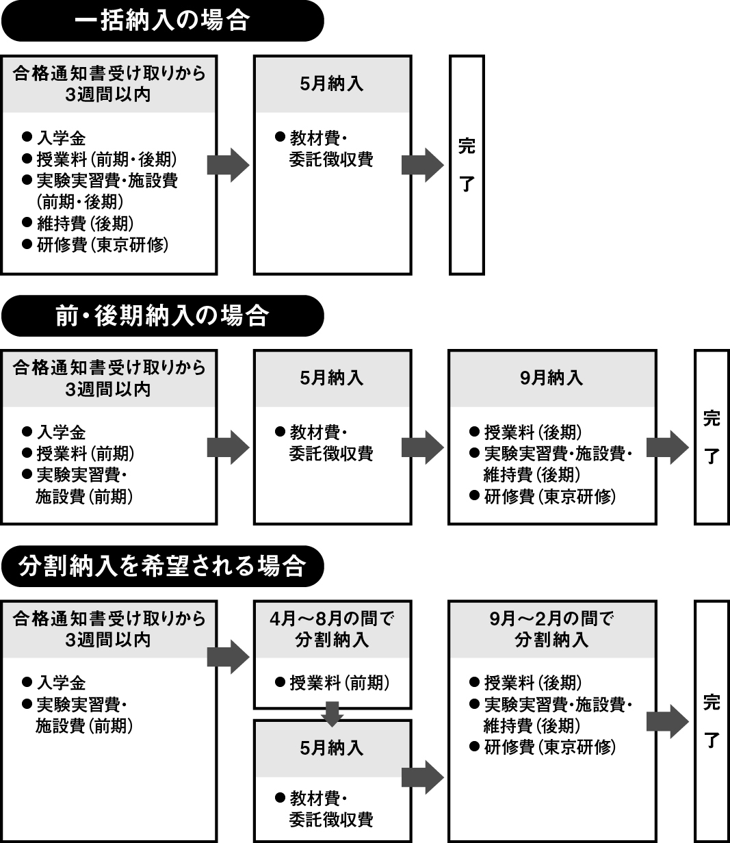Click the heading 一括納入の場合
162,21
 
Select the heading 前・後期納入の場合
162,315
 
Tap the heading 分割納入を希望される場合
162,566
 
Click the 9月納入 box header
552,378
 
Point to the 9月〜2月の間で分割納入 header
552,630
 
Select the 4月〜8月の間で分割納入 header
333,630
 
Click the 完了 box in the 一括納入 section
467,165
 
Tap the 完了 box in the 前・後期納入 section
712,437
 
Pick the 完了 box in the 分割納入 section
712,721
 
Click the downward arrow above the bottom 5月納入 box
333,714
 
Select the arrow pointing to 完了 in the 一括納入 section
423,165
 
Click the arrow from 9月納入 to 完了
668,448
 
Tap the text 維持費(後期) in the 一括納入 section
86,223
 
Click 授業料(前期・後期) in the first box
107,159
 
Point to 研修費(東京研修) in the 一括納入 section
103,245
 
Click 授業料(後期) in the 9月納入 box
533,432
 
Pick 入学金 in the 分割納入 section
61,683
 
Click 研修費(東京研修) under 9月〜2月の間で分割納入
550,747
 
